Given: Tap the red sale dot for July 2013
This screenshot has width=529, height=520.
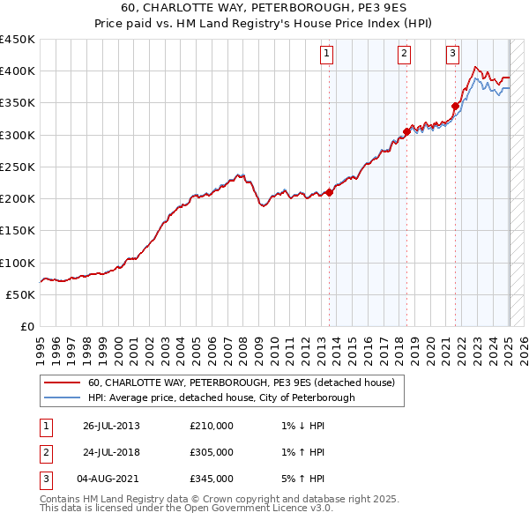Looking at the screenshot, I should (329, 192).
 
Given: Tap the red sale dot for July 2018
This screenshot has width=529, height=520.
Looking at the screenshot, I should (406, 131).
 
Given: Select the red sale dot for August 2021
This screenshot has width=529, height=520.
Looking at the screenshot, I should (456, 106).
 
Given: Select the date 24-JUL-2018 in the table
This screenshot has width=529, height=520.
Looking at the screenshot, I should (112, 452).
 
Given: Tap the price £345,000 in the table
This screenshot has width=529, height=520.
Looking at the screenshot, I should (212, 479).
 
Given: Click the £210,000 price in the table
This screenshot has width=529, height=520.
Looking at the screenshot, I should (212, 426).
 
